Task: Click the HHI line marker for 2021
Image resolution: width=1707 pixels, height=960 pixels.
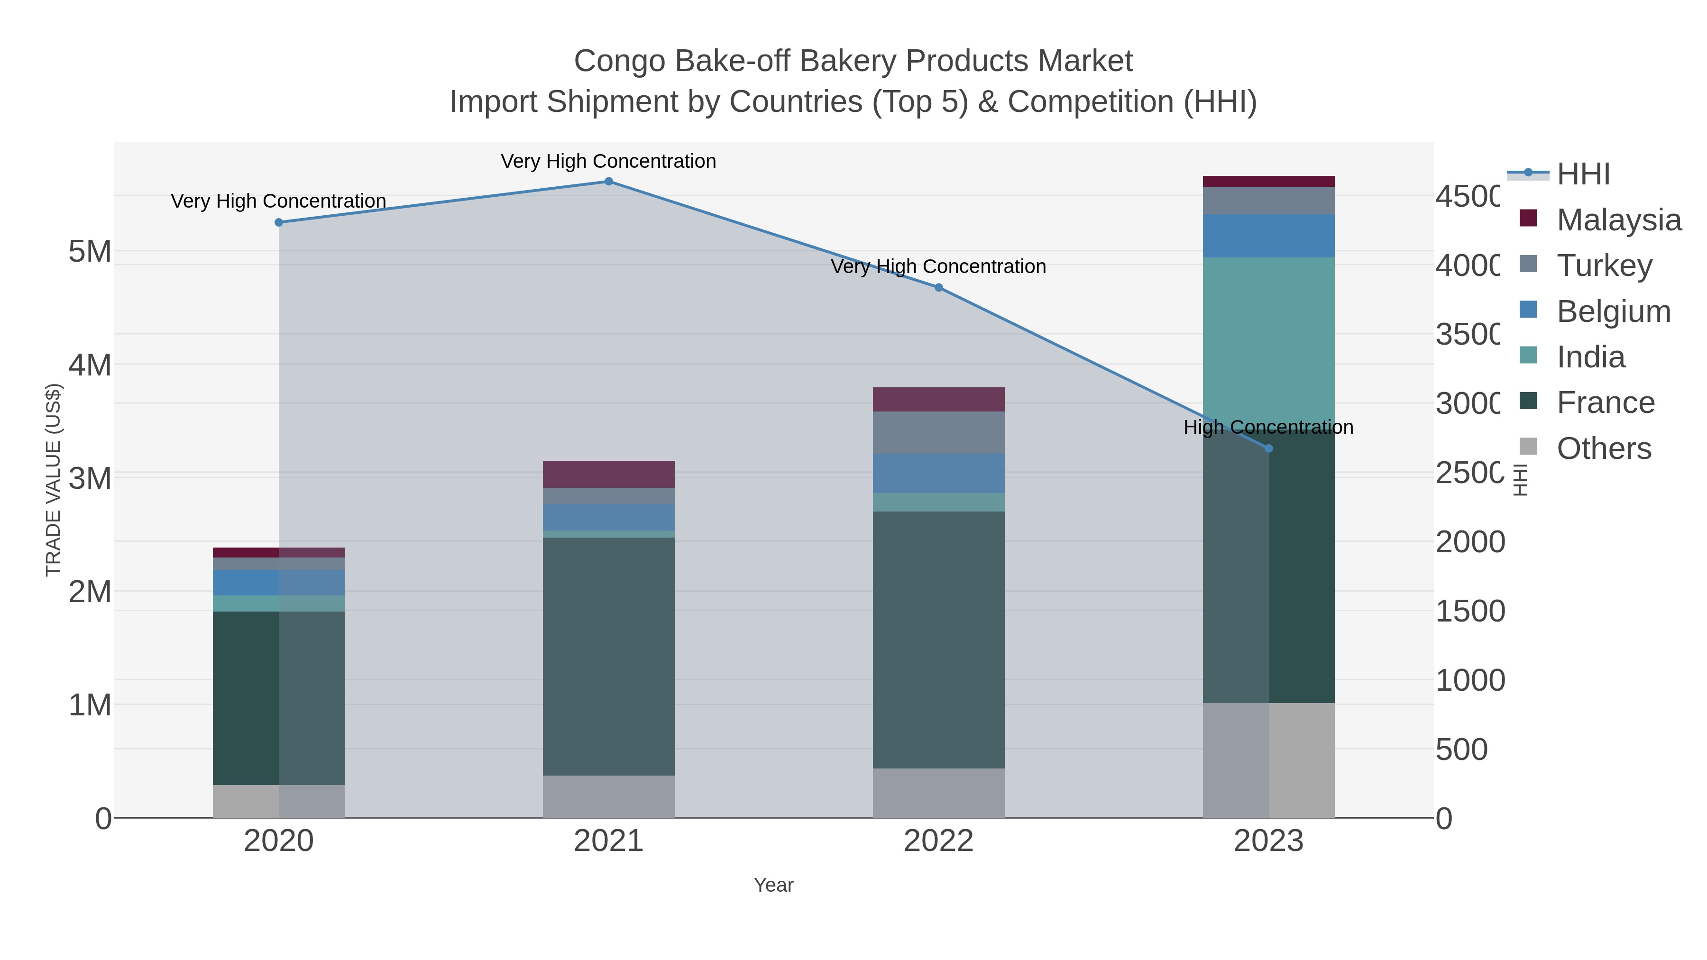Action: point(608,181)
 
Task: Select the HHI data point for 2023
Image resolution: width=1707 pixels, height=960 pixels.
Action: point(1268,448)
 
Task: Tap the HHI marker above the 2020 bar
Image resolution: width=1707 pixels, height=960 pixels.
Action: point(278,223)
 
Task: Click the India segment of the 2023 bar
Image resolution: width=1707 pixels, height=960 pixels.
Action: point(1268,331)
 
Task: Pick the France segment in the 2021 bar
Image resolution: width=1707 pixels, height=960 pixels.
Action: point(608,656)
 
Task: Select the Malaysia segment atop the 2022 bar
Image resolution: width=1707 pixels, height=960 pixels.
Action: point(938,400)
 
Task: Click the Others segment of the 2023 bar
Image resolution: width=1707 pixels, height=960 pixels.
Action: point(1268,760)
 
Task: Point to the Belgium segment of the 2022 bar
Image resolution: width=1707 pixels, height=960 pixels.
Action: point(938,473)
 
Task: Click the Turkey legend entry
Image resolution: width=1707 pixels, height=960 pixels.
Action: point(1604,265)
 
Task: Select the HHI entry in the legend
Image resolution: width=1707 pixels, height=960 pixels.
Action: point(1582,174)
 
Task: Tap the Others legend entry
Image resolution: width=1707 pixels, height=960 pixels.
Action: point(1604,448)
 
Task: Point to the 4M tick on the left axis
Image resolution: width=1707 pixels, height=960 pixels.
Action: point(90,365)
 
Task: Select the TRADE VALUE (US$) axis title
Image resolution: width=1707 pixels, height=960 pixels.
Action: point(53,480)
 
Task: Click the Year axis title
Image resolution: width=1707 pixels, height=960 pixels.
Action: point(773,885)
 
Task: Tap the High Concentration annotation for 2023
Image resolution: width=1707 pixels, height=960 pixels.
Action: point(1268,427)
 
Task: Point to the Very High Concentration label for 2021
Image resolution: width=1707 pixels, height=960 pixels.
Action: point(608,161)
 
